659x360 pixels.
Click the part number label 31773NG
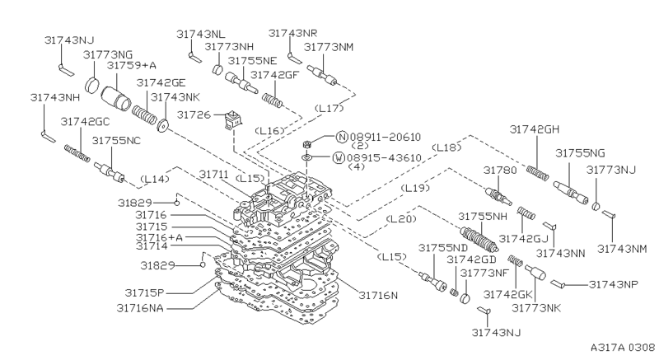pyautogui.click(x=109, y=54)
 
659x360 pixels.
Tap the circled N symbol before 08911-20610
pyautogui.click(x=340, y=137)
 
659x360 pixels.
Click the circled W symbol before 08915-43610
pyautogui.click(x=339, y=157)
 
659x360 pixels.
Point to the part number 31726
pyautogui.click(x=194, y=115)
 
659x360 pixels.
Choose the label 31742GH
pyautogui.click(x=535, y=129)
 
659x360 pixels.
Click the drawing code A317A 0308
pyautogui.click(x=617, y=348)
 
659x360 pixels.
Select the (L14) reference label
pyautogui.click(x=156, y=179)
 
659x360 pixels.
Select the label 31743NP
pyautogui.click(x=615, y=284)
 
